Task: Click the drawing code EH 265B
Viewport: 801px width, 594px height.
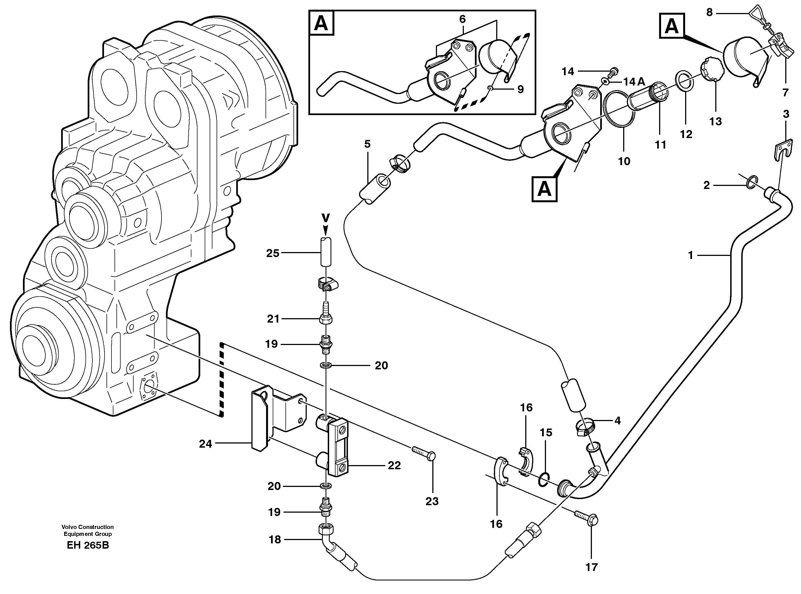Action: tap(88, 545)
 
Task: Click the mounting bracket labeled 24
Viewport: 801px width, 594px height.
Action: tap(259, 419)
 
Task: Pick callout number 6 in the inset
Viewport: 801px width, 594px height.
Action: tap(462, 19)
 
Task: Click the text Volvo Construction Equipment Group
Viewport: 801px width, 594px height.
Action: tap(87, 530)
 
